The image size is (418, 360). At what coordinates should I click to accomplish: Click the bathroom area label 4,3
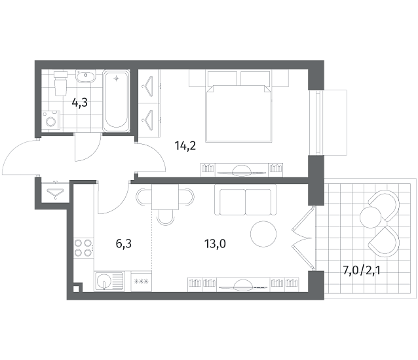coord(80,103)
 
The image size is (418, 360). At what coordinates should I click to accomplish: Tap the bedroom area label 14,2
coord(185,146)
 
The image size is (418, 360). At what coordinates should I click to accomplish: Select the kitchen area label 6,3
coord(124,243)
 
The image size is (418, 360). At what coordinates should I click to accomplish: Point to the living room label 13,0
coord(215,243)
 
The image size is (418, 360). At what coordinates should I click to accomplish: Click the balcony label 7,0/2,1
coord(362,271)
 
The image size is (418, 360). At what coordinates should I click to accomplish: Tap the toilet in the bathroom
coord(60,83)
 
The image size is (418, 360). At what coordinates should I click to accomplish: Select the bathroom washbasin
coord(86,76)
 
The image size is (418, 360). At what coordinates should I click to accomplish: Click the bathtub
coord(116,101)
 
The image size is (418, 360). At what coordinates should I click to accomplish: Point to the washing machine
coord(50,120)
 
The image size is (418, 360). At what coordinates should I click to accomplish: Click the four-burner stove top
coord(83,247)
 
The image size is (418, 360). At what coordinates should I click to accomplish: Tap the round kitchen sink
coord(104,281)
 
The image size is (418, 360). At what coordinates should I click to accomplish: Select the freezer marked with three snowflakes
coord(141,281)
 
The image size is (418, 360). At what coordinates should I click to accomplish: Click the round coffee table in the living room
coord(263,234)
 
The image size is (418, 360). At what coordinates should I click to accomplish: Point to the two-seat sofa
coord(245,200)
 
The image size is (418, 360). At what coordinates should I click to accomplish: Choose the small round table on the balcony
coord(370,217)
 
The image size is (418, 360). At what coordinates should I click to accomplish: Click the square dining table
coord(165,197)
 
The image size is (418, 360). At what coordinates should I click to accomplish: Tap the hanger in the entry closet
coord(55,193)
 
